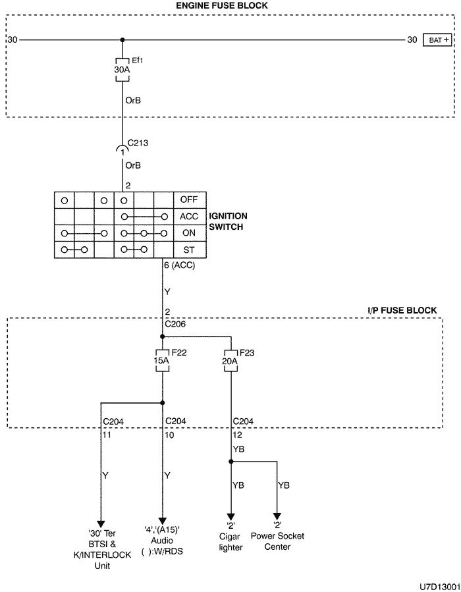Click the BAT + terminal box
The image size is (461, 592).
coord(437,40)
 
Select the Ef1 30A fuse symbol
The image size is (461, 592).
coord(122,70)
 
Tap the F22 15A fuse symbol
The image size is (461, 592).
coord(163,361)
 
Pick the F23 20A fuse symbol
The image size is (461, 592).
coord(230,362)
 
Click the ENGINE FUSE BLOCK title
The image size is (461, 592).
coord(222,6)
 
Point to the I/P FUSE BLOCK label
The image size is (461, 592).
coord(402,310)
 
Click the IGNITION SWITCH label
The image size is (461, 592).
coord(228,221)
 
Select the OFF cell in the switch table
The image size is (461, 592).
coord(190,200)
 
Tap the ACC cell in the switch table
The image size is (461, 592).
coord(190,217)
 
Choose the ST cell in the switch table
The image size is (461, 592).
coord(190,250)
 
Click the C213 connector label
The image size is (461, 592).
coord(138,143)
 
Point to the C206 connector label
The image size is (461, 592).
coord(175,324)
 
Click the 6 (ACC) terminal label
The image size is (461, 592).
coord(179,265)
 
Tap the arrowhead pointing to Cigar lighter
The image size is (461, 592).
coord(230,517)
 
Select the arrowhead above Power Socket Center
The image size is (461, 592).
coord(277,517)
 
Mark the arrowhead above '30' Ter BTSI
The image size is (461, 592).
coord(101,524)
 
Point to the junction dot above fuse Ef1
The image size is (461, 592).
coord(122,40)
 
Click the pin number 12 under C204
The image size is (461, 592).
coord(237,435)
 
